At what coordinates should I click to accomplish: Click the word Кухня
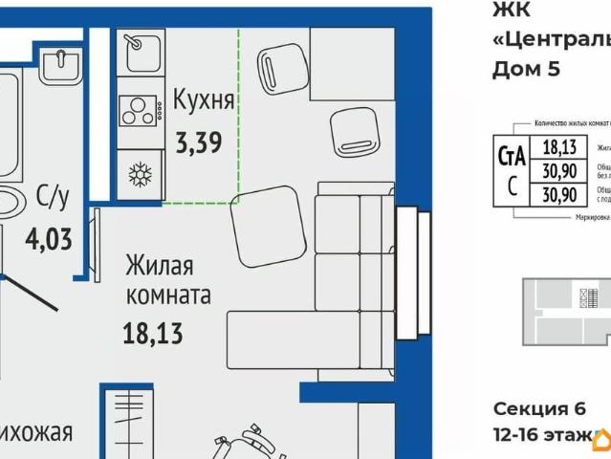[204, 98]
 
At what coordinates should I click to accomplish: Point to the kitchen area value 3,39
[199, 143]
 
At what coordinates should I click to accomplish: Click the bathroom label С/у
[53, 198]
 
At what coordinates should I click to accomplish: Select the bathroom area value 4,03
[54, 236]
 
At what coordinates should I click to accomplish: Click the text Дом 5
[525, 68]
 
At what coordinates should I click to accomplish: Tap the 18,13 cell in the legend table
[559, 147]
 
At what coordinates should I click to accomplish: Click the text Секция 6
[538, 409]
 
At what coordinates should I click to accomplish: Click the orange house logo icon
[601, 438]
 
